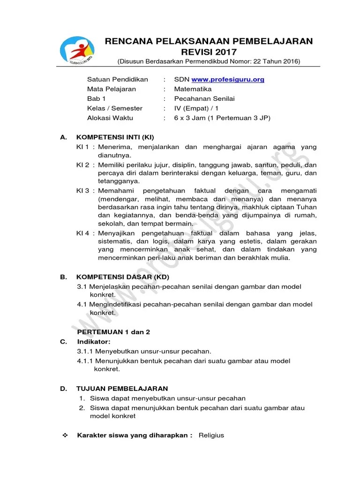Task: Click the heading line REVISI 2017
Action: (x=209, y=52)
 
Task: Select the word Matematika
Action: (x=193, y=89)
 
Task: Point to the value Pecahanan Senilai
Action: (x=204, y=98)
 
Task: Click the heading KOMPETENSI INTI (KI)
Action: (x=115, y=137)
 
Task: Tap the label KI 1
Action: (x=82, y=147)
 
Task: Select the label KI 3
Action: (x=82, y=190)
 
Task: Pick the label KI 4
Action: (x=82, y=233)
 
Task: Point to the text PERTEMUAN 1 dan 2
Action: (x=113, y=331)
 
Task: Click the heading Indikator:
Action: (x=94, y=341)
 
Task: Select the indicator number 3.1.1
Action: (x=86, y=351)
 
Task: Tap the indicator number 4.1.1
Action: (x=86, y=361)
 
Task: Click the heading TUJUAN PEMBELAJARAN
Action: (x=122, y=389)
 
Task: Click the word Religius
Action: (x=211, y=435)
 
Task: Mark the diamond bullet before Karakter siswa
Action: (x=65, y=435)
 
